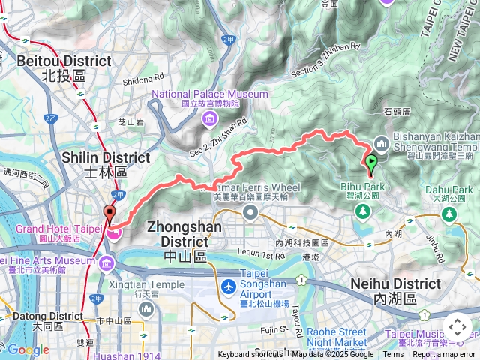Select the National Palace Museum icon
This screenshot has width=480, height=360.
209,120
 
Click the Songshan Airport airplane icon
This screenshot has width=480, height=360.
229,287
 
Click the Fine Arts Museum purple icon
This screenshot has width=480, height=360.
105,263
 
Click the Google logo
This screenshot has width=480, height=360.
28,349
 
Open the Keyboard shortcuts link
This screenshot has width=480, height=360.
250,354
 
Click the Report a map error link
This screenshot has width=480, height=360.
444,354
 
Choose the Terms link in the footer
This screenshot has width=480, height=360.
393,354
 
